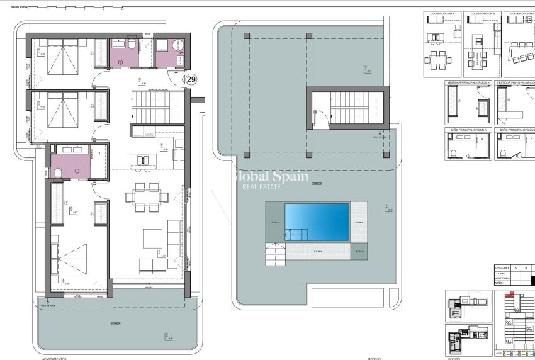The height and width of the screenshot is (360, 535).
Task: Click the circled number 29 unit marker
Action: click(191, 79)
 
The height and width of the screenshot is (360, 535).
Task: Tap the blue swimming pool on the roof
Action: click(317, 222)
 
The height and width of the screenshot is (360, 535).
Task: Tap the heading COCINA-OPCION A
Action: click(443, 13)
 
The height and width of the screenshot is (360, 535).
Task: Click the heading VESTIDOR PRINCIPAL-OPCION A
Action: click(468, 82)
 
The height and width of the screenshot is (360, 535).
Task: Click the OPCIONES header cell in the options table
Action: click(502, 267)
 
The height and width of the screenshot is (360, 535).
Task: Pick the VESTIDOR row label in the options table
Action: click(502, 278)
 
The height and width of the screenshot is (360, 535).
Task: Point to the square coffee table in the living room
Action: click(153, 239)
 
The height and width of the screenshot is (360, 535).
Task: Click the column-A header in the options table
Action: click(516, 267)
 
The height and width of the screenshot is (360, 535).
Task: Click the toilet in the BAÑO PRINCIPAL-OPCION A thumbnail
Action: click(454, 154)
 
